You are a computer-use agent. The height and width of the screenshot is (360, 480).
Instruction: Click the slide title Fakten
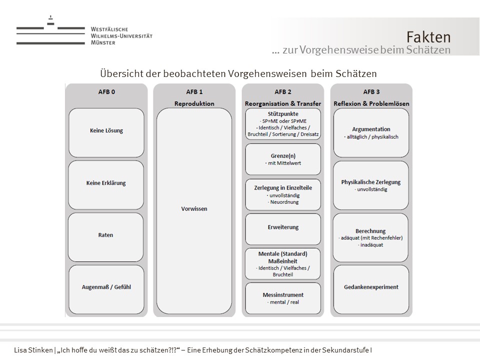click(x=428, y=37)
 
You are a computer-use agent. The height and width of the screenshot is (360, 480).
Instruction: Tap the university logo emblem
click(x=50, y=31)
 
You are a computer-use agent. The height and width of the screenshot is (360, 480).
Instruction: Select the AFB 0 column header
click(x=106, y=92)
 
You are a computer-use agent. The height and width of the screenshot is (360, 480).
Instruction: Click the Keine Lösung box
click(x=106, y=131)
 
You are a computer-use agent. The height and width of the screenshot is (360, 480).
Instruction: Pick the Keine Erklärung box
click(x=106, y=183)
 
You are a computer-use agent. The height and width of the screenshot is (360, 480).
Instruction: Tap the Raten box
click(x=106, y=235)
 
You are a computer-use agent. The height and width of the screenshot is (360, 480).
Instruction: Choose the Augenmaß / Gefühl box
click(x=106, y=287)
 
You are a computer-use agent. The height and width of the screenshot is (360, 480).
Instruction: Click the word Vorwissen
click(x=194, y=209)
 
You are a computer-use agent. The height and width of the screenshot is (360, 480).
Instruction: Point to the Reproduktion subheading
click(x=194, y=103)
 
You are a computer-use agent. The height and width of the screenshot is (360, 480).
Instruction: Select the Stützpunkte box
click(x=283, y=124)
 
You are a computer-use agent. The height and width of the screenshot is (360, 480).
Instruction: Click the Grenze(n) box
click(x=283, y=159)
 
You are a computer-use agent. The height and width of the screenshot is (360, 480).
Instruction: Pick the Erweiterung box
click(x=283, y=227)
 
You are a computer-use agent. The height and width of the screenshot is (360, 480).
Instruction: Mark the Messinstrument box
click(x=283, y=298)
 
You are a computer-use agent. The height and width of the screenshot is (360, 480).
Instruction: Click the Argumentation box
click(x=371, y=132)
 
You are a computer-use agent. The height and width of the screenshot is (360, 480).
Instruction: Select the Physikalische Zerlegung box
click(x=371, y=185)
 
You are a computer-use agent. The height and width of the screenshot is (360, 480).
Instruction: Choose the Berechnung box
click(x=371, y=238)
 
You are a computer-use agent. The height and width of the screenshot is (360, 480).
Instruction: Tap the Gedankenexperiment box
click(x=371, y=287)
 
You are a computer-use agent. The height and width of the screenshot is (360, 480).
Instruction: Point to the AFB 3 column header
click(x=371, y=92)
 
